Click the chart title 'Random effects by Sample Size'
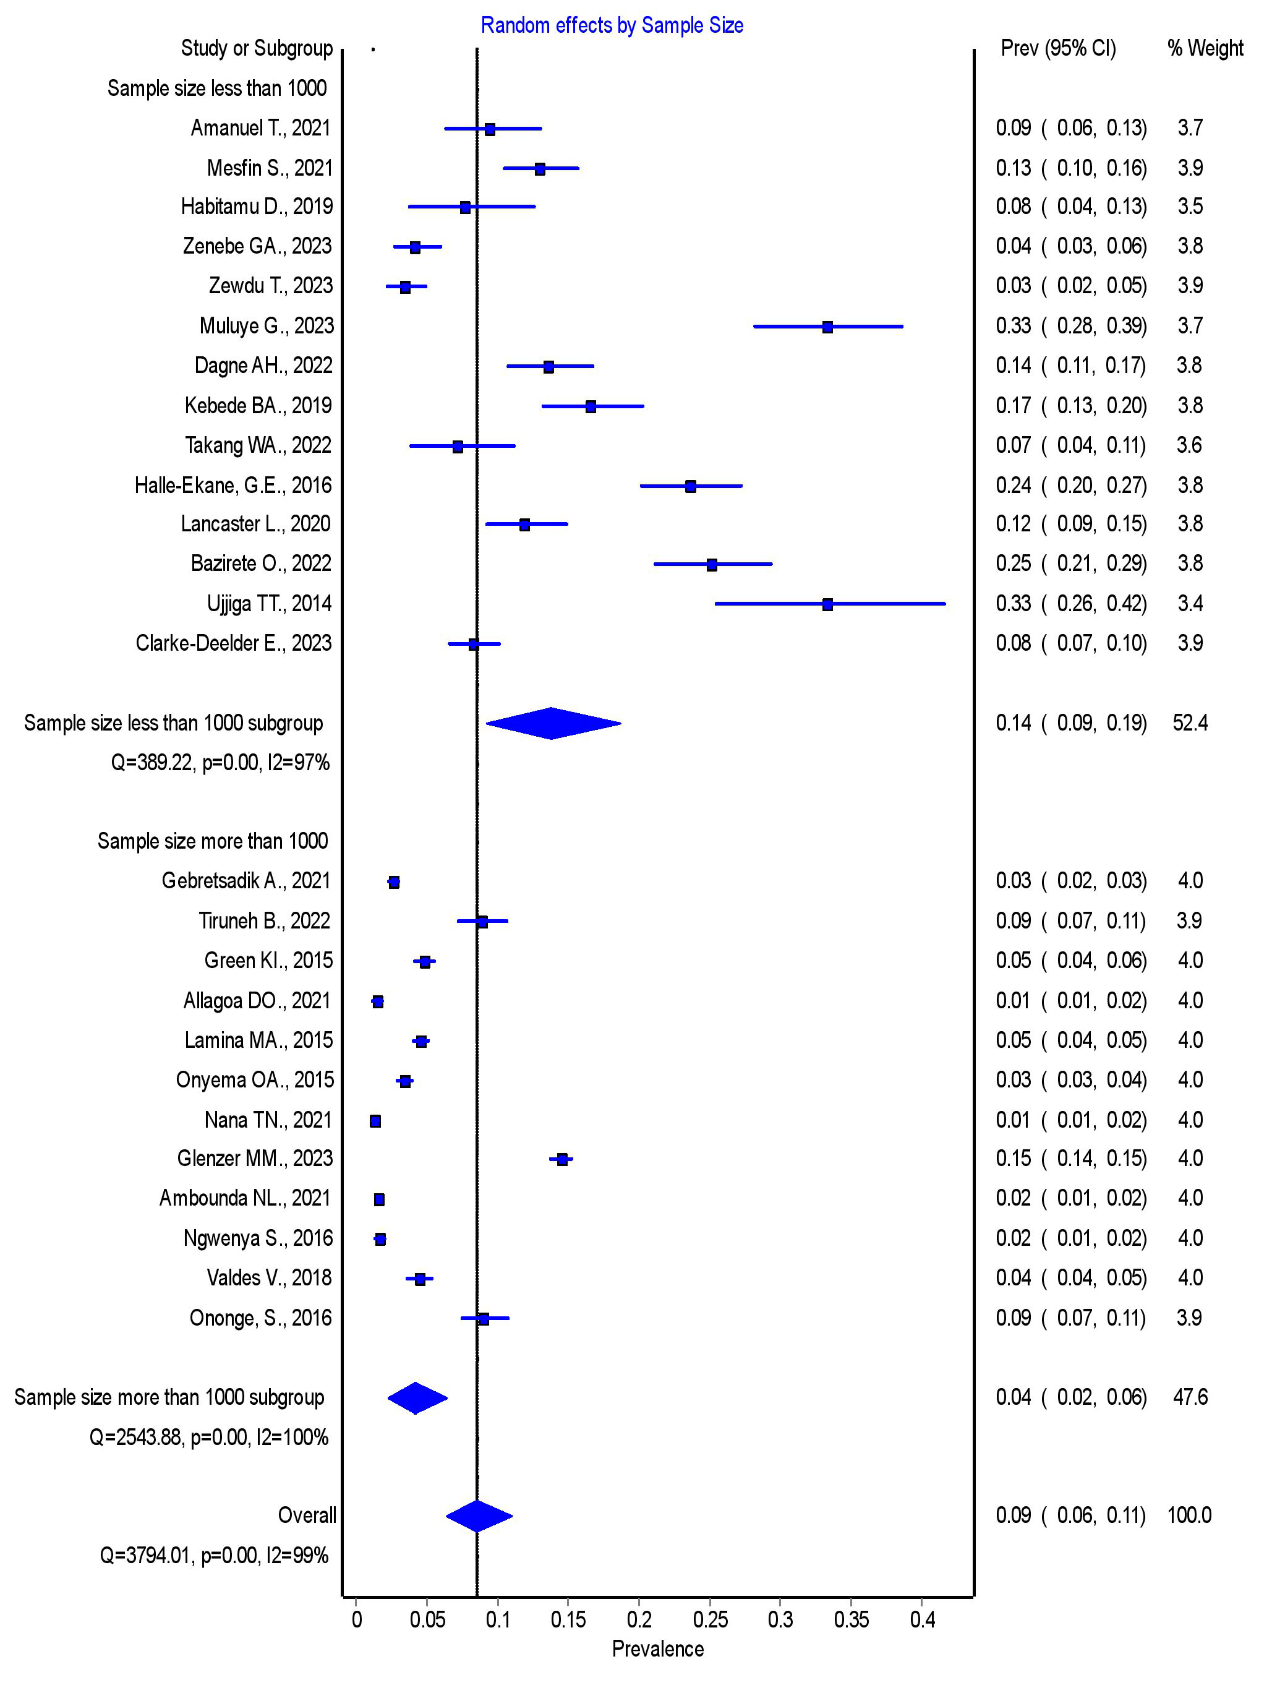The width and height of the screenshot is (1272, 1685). click(x=612, y=26)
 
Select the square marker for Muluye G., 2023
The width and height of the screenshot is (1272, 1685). click(x=827, y=327)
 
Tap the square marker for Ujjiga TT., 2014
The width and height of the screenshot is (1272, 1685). click(x=827, y=604)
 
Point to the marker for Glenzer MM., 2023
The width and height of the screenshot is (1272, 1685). click(x=562, y=1159)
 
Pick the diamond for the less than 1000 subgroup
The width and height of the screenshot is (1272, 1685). click(x=552, y=724)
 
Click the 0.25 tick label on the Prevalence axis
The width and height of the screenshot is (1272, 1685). click(x=710, y=1619)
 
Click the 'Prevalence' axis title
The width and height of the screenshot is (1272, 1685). click(x=657, y=1649)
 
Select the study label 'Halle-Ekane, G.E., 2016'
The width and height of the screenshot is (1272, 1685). click(x=233, y=485)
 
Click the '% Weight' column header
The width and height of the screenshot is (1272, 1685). click(x=1205, y=49)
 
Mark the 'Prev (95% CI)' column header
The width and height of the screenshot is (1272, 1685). click(x=1058, y=49)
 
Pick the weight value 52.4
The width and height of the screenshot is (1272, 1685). click(x=1190, y=723)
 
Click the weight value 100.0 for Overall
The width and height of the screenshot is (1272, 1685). click(x=1189, y=1515)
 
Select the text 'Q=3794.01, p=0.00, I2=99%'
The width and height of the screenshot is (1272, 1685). click(x=214, y=1554)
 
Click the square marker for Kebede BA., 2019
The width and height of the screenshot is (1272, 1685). click(x=591, y=406)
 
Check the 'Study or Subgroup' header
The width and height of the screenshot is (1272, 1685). click(x=257, y=49)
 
